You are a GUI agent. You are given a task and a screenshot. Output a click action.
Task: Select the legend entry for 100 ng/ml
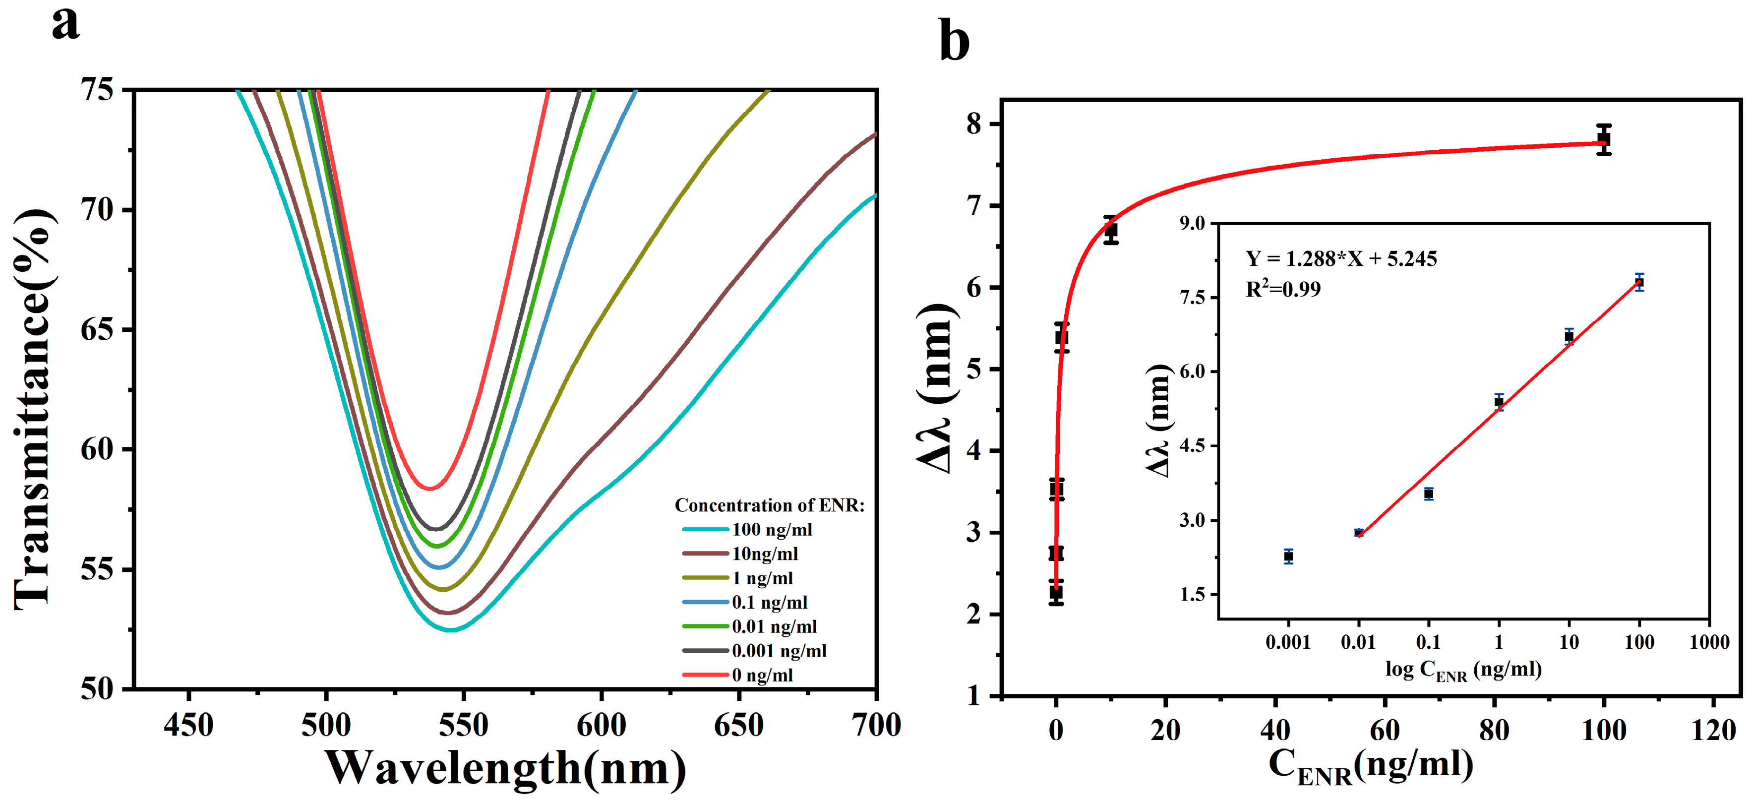[x=772, y=530]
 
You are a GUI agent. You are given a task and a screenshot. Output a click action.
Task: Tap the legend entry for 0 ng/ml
[x=762, y=676]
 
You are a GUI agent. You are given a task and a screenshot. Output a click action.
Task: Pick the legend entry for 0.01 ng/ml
[x=774, y=626]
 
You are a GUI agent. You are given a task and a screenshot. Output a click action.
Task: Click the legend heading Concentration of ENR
[x=769, y=505]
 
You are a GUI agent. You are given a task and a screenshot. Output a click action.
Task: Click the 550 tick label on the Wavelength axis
[x=464, y=726]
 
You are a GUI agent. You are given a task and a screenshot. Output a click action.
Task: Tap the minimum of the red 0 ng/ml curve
[x=430, y=488]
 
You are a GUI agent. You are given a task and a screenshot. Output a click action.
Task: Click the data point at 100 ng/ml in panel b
[x=1604, y=139]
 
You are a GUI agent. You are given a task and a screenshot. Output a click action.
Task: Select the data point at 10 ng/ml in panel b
[x=1111, y=231]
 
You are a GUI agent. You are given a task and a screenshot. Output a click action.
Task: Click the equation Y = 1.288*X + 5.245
[x=1340, y=259]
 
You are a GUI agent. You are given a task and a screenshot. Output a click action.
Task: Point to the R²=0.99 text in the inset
[x=1283, y=289]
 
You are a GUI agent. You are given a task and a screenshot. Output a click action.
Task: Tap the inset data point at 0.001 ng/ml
[x=1288, y=556]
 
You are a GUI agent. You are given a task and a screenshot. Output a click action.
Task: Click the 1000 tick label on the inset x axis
[x=1709, y=642]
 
